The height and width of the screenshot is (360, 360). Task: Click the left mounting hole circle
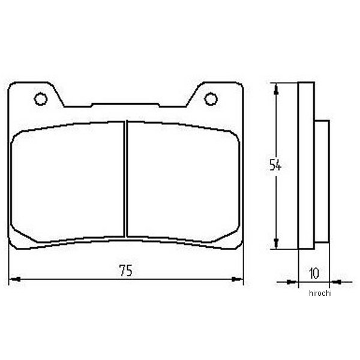[41, 99]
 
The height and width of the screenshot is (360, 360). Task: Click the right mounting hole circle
[211, 99]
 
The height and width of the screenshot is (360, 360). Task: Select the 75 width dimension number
[126, 271]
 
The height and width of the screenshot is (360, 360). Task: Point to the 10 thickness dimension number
[314, 273]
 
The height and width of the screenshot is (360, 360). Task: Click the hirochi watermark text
[320, 293]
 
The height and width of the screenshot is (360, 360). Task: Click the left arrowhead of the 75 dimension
[14, 279]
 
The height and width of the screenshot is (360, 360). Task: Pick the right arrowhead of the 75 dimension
[237, 279]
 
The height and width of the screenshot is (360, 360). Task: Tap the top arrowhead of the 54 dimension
[277, 89]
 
